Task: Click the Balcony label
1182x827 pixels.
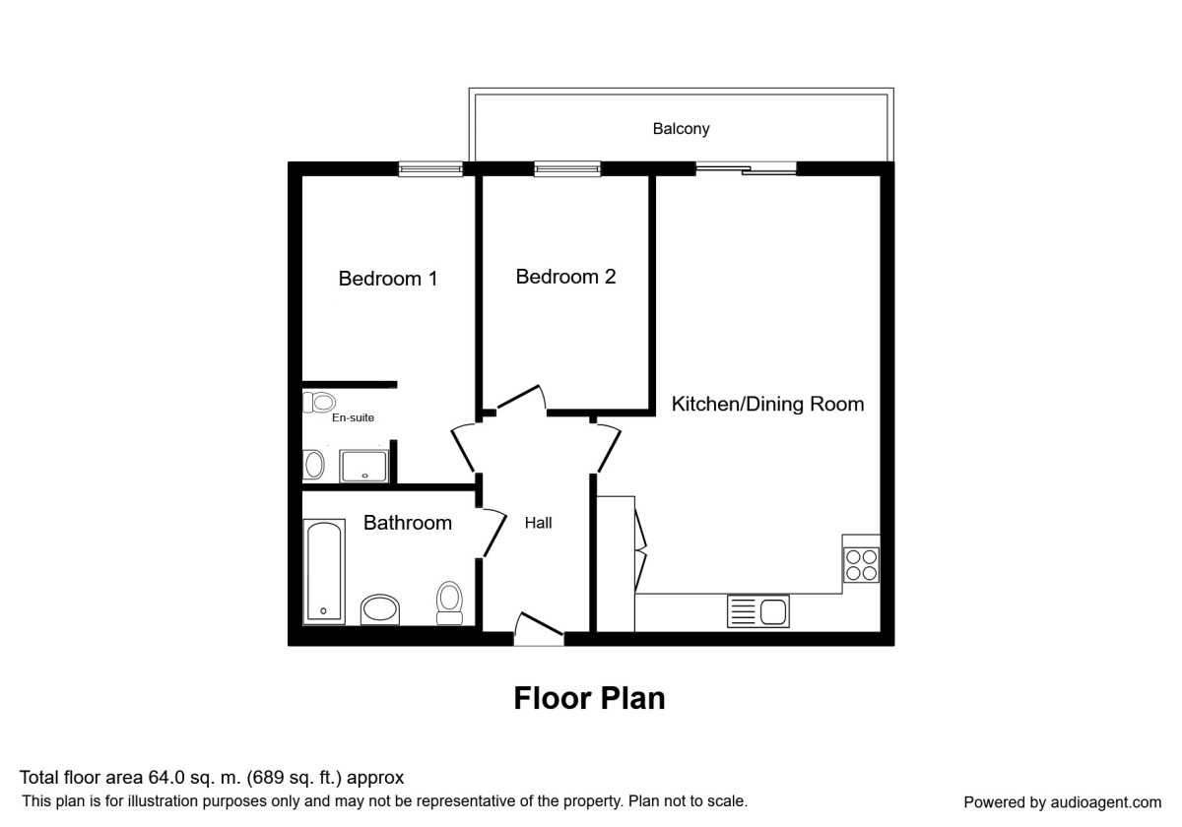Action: point(681,129)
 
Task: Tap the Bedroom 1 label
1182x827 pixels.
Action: point(388,279)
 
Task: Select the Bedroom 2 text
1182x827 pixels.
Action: point(565,277)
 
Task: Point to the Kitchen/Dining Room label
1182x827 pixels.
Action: point(767,404)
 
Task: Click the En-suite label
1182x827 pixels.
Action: point(353,417)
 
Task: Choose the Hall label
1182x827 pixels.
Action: point(538,523)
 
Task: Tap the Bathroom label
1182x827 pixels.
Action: point(408,523)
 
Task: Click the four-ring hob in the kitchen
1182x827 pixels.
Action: point(861,565)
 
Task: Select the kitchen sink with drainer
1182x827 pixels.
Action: point(758,611)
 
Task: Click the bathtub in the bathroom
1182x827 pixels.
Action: point(324,572)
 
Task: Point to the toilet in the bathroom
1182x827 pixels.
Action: point(449,604)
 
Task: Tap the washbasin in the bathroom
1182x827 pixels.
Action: point(380,609)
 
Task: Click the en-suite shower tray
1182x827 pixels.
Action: point(364,466)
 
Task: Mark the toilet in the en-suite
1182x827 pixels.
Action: point(319,403)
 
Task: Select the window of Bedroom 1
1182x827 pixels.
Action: point(430,168)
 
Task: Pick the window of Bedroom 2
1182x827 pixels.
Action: point(567,168)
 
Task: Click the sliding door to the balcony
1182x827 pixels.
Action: point(747,168)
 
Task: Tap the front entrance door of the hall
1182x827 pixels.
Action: point(539,629)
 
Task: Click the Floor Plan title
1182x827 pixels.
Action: point(589,698)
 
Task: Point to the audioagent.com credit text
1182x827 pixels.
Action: point(1063,802)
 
